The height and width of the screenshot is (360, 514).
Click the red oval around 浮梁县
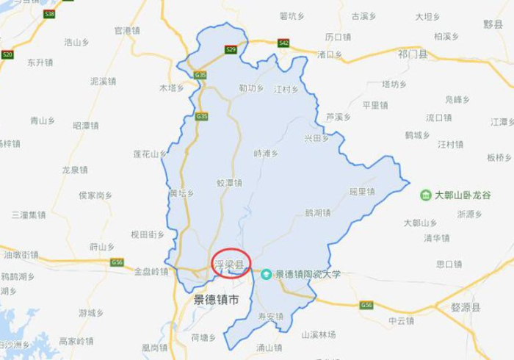pos(231,263)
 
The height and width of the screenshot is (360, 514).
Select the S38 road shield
pos(49,14)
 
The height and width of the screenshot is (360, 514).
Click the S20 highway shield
pos(7,54)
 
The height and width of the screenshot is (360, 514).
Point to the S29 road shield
pos(231,50)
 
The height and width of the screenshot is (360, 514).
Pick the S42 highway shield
pos(283,43)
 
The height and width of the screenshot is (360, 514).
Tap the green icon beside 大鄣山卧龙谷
pos(425,195)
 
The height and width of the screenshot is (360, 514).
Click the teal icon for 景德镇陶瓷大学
pos(267,274)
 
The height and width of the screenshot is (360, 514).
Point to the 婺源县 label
pos(466,308)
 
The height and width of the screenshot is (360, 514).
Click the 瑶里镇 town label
pos(362,192)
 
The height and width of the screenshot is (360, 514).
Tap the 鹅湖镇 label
pos(317,213)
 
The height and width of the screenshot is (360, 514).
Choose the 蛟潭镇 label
pos(229,183)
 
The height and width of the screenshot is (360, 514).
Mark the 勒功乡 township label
pos(250,88)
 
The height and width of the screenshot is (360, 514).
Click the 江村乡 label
pos(286,90)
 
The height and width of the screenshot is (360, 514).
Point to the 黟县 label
pos(493,24)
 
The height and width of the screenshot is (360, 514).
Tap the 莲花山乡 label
pos(150,154)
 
